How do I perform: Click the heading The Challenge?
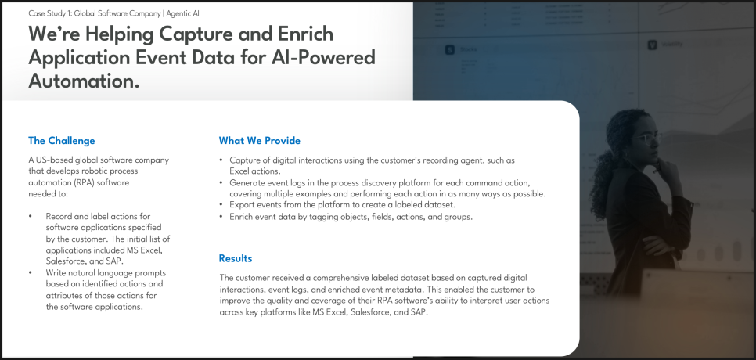coord(62,141)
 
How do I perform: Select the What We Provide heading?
coord(259,141)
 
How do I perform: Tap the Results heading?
coord(236,258)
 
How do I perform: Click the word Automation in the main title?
coord(84,81)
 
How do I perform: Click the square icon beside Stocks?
coord(450,49)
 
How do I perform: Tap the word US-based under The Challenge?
coord(52,160)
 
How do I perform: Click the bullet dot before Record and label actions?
coord(31,216)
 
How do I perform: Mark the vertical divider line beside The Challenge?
coord(196,229)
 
